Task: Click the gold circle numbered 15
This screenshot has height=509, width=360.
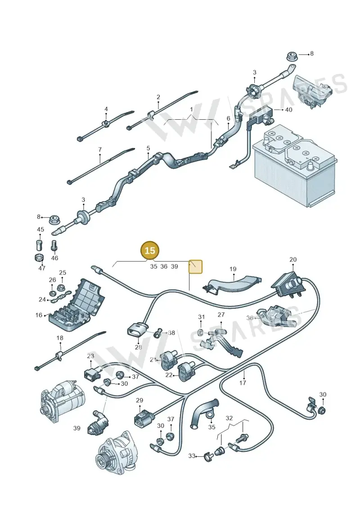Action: [150, 251]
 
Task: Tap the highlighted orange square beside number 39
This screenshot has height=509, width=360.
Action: [196, 266]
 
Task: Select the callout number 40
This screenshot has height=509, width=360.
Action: [288, 110]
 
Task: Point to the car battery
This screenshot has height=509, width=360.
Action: [294, 166]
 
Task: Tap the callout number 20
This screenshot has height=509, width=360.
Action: [293, 260]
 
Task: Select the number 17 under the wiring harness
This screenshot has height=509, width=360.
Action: [243, 383]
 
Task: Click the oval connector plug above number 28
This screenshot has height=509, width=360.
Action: [136, 330]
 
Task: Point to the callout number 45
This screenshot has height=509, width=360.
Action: [40, 230]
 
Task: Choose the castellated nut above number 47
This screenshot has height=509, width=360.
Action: [39, 258]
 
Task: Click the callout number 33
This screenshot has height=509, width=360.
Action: [192, 456]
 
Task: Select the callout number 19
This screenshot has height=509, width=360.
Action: [233, 269]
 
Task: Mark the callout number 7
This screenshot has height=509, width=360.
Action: [100, 150]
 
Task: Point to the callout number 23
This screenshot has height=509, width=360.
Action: [90, 356]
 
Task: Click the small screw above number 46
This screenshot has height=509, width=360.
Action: [54, 245]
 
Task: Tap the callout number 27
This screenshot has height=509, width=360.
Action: [221, 315]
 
